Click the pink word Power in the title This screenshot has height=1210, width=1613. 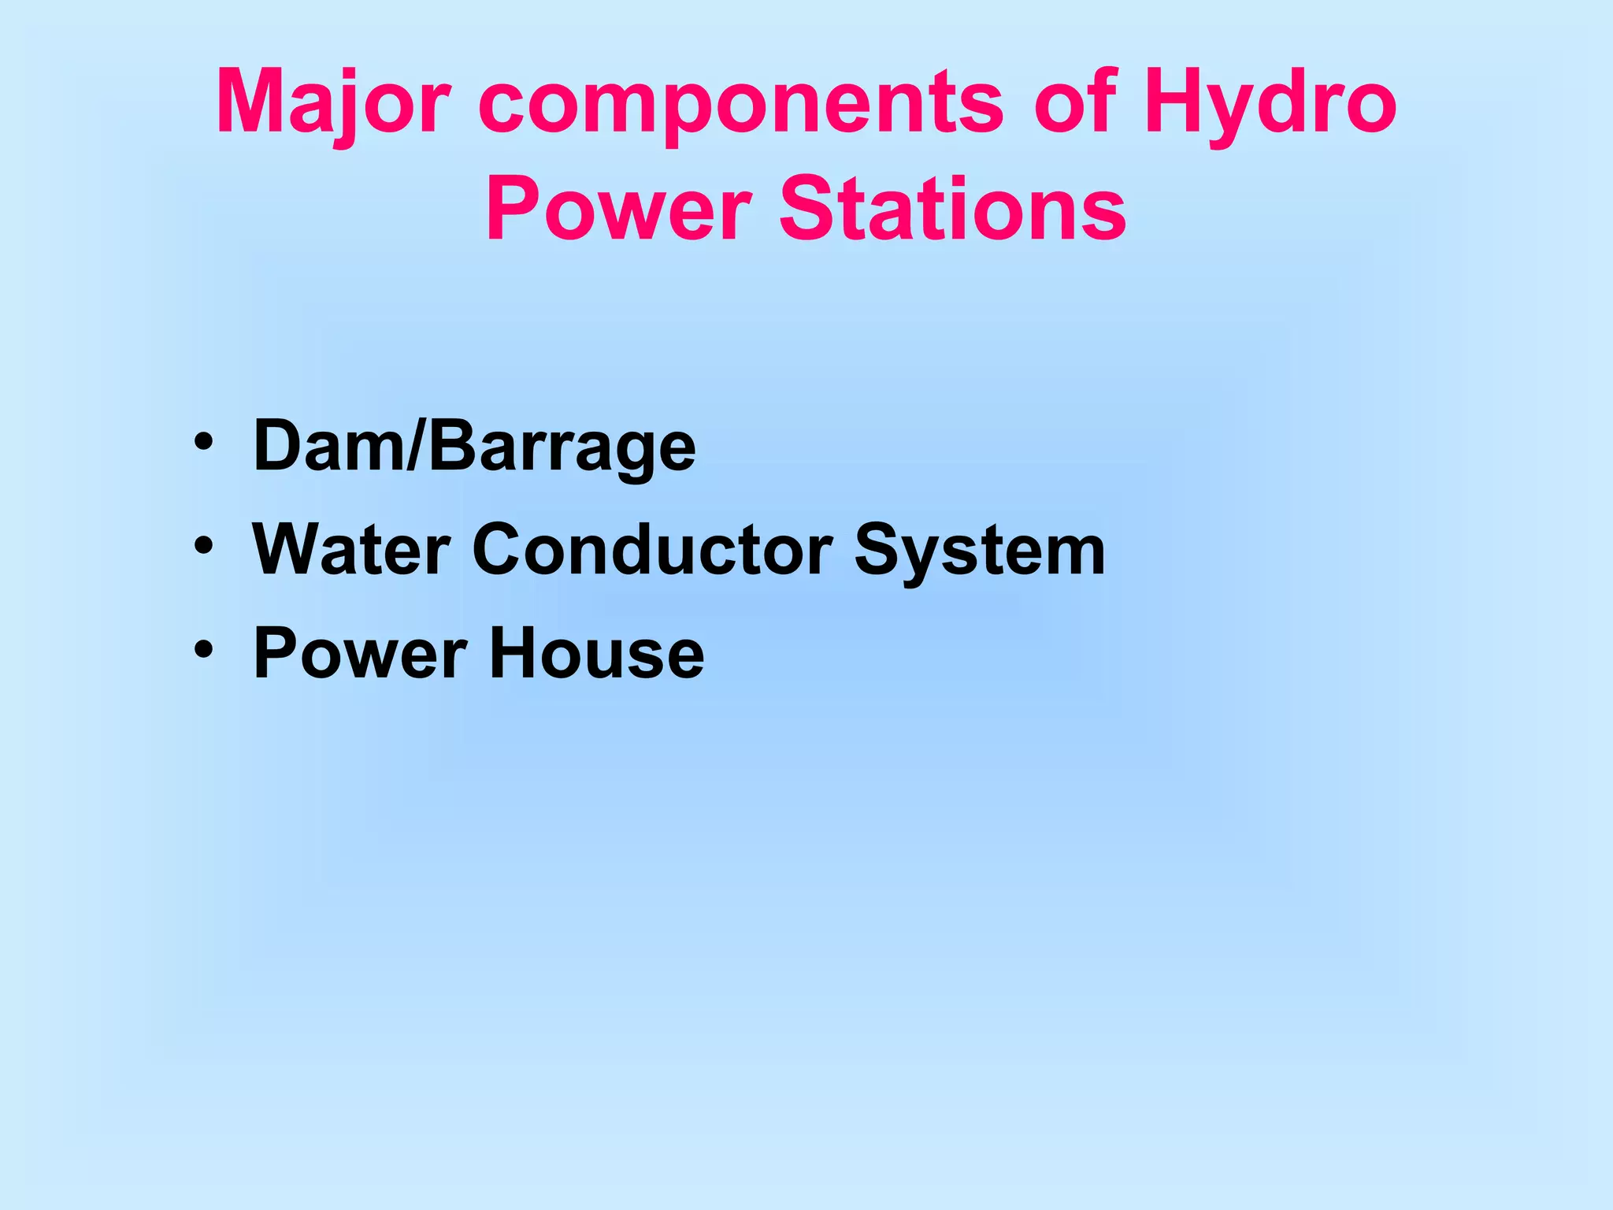pyautogui.click(x=618, y=209)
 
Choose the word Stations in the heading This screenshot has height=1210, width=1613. pyautogui.click(x=953, y=209)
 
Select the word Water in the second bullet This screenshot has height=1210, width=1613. pyautogui.click(x=351, y=549)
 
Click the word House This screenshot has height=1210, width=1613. pyautogui.click(x=596, y=654)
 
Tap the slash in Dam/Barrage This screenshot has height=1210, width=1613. pyautogui.click(x=414, y=446)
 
